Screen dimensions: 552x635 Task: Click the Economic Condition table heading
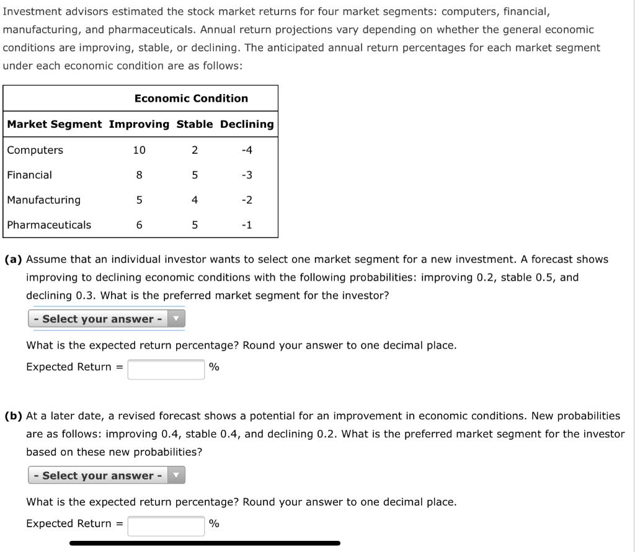pos(191,98)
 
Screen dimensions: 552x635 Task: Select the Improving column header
pos(139,124)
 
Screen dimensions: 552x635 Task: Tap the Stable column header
pos(194,124)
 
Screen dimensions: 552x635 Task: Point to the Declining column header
pos(247,124)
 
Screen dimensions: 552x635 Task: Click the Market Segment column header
pos(55,124)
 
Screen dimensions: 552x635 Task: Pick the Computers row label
pos(35,150)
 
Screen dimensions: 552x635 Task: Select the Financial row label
pos(29,175)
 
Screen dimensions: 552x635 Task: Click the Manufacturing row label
pos(43,200)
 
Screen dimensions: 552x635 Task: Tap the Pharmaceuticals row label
pos(48,225)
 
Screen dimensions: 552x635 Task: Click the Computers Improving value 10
pos(139,150)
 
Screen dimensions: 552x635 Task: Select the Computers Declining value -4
pos(247,150)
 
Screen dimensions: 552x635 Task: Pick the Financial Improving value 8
pos(139,175)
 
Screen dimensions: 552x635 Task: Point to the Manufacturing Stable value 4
pos(195,200)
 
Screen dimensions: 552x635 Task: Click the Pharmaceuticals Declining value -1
pos(247,225)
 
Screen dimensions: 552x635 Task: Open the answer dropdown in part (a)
pos(107,319)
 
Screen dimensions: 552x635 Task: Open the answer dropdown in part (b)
pos(107,476)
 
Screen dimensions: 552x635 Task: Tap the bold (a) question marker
pos(14,259)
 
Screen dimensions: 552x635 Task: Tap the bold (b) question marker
pos(14,416)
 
